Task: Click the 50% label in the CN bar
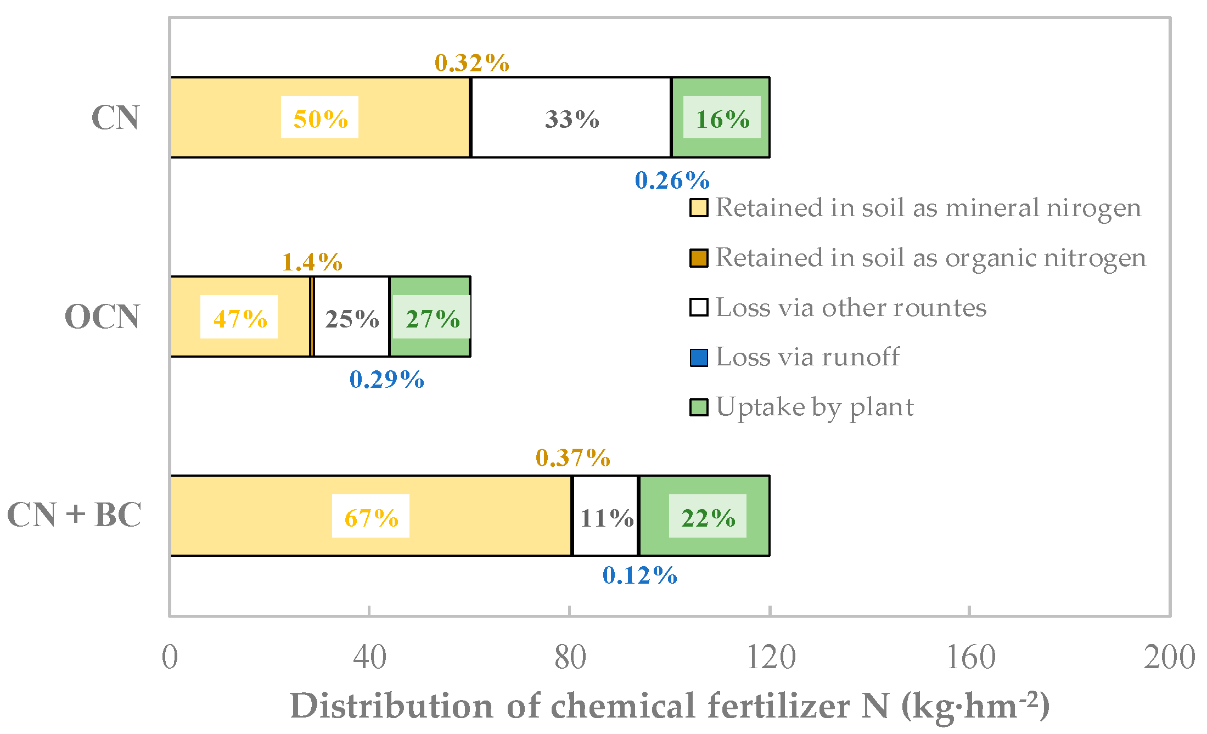click(319, 118)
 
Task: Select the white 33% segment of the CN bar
click(571, 118)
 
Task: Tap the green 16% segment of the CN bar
click(721, 118)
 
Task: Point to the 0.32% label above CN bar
click(472, 63)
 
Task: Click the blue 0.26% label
click(672, 180)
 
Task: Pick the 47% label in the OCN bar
click(239, 318)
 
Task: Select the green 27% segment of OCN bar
click(431, 318)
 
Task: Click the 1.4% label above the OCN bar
click(312, 262)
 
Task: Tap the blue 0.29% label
click(387, 379)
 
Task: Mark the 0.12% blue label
click(640, 575)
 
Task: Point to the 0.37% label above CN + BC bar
click(573, 458)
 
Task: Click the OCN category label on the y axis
click(102, 317)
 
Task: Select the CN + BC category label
click(74, 515)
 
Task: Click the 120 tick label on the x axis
click(770, 657)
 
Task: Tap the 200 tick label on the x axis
click(1169, 657)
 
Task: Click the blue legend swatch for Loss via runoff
click(698, 358)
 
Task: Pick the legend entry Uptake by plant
click(815, 407)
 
